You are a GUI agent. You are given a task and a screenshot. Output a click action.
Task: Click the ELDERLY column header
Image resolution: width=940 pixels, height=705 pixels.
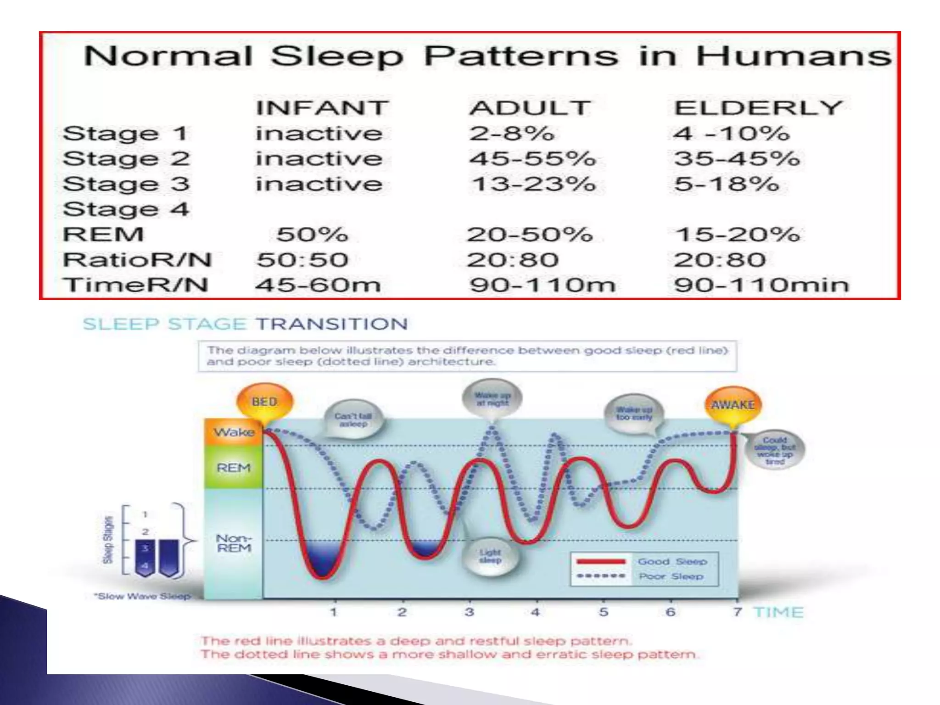tap(757, 108)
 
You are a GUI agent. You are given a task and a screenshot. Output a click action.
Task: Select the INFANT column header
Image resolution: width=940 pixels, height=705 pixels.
tap(322, 108)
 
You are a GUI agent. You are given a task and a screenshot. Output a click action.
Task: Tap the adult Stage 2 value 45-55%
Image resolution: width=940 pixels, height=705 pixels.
tap(532, 159)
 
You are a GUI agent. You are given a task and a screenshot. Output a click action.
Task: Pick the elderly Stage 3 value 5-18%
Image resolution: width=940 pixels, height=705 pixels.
tap(727, 184)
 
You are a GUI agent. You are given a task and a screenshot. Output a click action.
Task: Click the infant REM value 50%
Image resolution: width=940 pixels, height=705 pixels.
tap(312, 235)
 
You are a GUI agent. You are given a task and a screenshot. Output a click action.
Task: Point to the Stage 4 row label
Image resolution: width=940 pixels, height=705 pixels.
tap(126, 209)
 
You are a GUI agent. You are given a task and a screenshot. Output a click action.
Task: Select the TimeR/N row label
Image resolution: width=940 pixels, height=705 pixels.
tap(136, 285)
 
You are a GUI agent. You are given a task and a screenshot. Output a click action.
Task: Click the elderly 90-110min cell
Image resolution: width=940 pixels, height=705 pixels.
tap(761, 285)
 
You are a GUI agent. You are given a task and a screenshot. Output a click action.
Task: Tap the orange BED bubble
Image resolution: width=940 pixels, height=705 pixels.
tap(264, 402)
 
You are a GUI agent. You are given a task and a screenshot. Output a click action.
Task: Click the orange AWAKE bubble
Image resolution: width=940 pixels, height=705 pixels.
tap(733, 405)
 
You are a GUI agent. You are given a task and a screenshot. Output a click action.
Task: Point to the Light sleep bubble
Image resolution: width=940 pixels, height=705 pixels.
tap(490, 556)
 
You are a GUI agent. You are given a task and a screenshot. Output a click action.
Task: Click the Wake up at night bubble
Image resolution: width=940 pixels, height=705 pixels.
tap(492, 399)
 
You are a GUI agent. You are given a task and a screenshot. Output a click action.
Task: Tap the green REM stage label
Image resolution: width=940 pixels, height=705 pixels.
tap(234, 468)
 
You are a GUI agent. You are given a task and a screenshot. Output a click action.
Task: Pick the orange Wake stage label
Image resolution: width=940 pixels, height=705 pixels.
tap(234, 432)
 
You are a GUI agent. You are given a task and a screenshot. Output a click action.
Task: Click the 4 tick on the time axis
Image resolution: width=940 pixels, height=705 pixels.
tap(536, 612)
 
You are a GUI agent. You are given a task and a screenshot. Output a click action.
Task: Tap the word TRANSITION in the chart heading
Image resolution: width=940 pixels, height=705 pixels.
tap(332, 325)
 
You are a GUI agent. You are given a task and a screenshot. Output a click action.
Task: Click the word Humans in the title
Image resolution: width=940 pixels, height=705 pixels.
tap(793, 56)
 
